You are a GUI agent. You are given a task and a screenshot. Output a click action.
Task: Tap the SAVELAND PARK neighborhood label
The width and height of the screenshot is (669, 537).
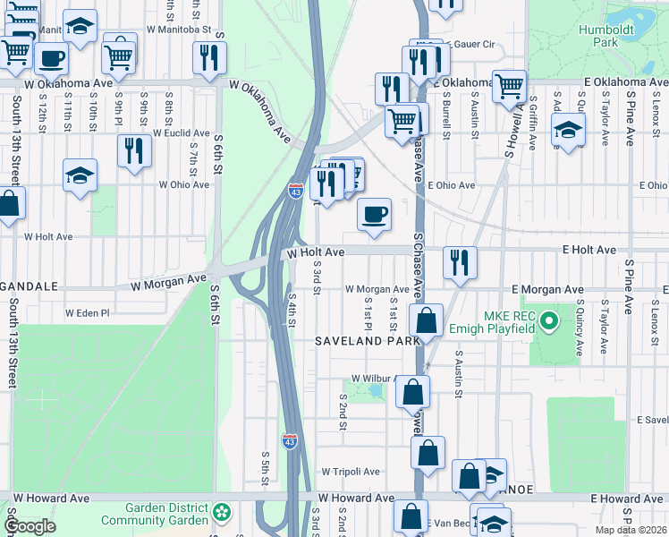367,342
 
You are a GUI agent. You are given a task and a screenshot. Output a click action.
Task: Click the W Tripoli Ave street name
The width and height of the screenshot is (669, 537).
351,472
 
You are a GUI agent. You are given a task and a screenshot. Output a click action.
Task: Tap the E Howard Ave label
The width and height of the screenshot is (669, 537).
626,498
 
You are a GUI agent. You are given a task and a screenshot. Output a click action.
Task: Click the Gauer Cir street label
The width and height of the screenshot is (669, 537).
474,43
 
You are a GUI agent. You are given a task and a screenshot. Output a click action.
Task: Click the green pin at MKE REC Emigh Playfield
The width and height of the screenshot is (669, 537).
549,318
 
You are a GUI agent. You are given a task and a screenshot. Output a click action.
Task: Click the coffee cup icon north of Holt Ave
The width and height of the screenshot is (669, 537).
374,214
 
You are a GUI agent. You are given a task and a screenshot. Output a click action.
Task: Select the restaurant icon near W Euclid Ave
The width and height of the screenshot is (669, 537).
134,150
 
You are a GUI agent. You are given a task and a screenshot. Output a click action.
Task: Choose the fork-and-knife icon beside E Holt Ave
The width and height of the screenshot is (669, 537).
460,262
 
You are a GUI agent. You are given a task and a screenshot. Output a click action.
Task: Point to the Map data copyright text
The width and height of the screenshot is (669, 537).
631,530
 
